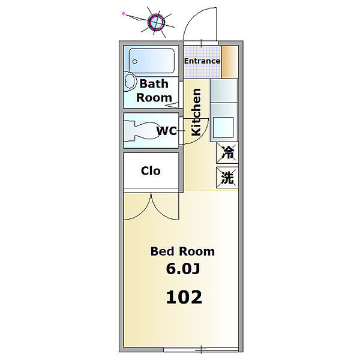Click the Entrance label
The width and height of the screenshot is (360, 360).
click(202, 61)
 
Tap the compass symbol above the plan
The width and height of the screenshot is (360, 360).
click(157, 22)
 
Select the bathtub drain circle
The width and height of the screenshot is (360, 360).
click(135, 62)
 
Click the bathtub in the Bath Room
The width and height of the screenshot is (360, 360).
click(152, 61)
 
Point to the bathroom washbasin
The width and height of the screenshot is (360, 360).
click(130, 81)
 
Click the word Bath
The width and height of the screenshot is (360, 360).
click(154, 83)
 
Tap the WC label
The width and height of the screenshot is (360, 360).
click(166, 131)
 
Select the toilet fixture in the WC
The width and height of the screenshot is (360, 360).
click(142, 131)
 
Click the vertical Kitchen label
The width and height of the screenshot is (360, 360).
click(196, 112)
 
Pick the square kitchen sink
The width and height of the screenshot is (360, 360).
click(223, 127)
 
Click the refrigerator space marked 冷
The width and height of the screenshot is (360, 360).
click(227, 152)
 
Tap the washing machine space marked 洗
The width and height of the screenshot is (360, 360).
click(227, 178)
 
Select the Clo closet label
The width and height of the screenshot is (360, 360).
click(151, 171)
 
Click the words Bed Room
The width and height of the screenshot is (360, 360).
click(182, 251)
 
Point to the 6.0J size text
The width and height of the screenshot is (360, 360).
click(183, 269)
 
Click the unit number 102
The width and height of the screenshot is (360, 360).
click(184, 297)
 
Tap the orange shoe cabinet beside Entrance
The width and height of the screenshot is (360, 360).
click(230, 62)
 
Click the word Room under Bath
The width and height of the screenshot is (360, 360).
click(154, 98)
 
